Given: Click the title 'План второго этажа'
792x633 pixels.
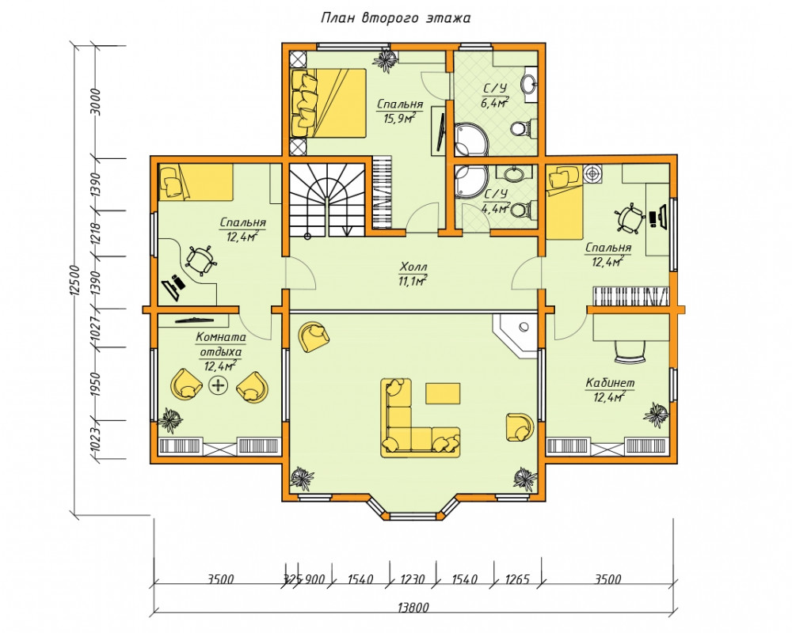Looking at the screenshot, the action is pyautogui.click(x=395, y=18).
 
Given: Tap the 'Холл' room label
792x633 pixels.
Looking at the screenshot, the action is pyautogui.click(x=413, y=266).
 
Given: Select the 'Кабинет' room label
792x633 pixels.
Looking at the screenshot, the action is pyautogui.click(x=610, y=383).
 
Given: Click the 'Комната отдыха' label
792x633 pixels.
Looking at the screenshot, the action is pyautogui.click(x=221, y=344).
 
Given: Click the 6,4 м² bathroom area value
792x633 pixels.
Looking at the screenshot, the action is pyautogui.click(x=494, y=103).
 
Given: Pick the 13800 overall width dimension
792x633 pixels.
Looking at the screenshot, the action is pyautogui.click(x=413, y=607).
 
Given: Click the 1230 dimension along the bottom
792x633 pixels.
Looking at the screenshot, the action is pyautogui.click(x=413, y=579).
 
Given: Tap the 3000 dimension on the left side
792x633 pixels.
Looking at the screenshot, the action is pyautogui.click(x=97, y=102).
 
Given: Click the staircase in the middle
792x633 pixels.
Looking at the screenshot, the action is pyautogui.click(x=327, y=199).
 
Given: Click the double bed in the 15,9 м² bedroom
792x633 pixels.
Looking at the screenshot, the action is pyautogui.click(x=329, y=103).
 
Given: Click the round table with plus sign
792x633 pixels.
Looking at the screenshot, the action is pyautogui.click(x=219, y=385).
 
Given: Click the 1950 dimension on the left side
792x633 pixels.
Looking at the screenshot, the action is pyautogui.click(x=97, y=384).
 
